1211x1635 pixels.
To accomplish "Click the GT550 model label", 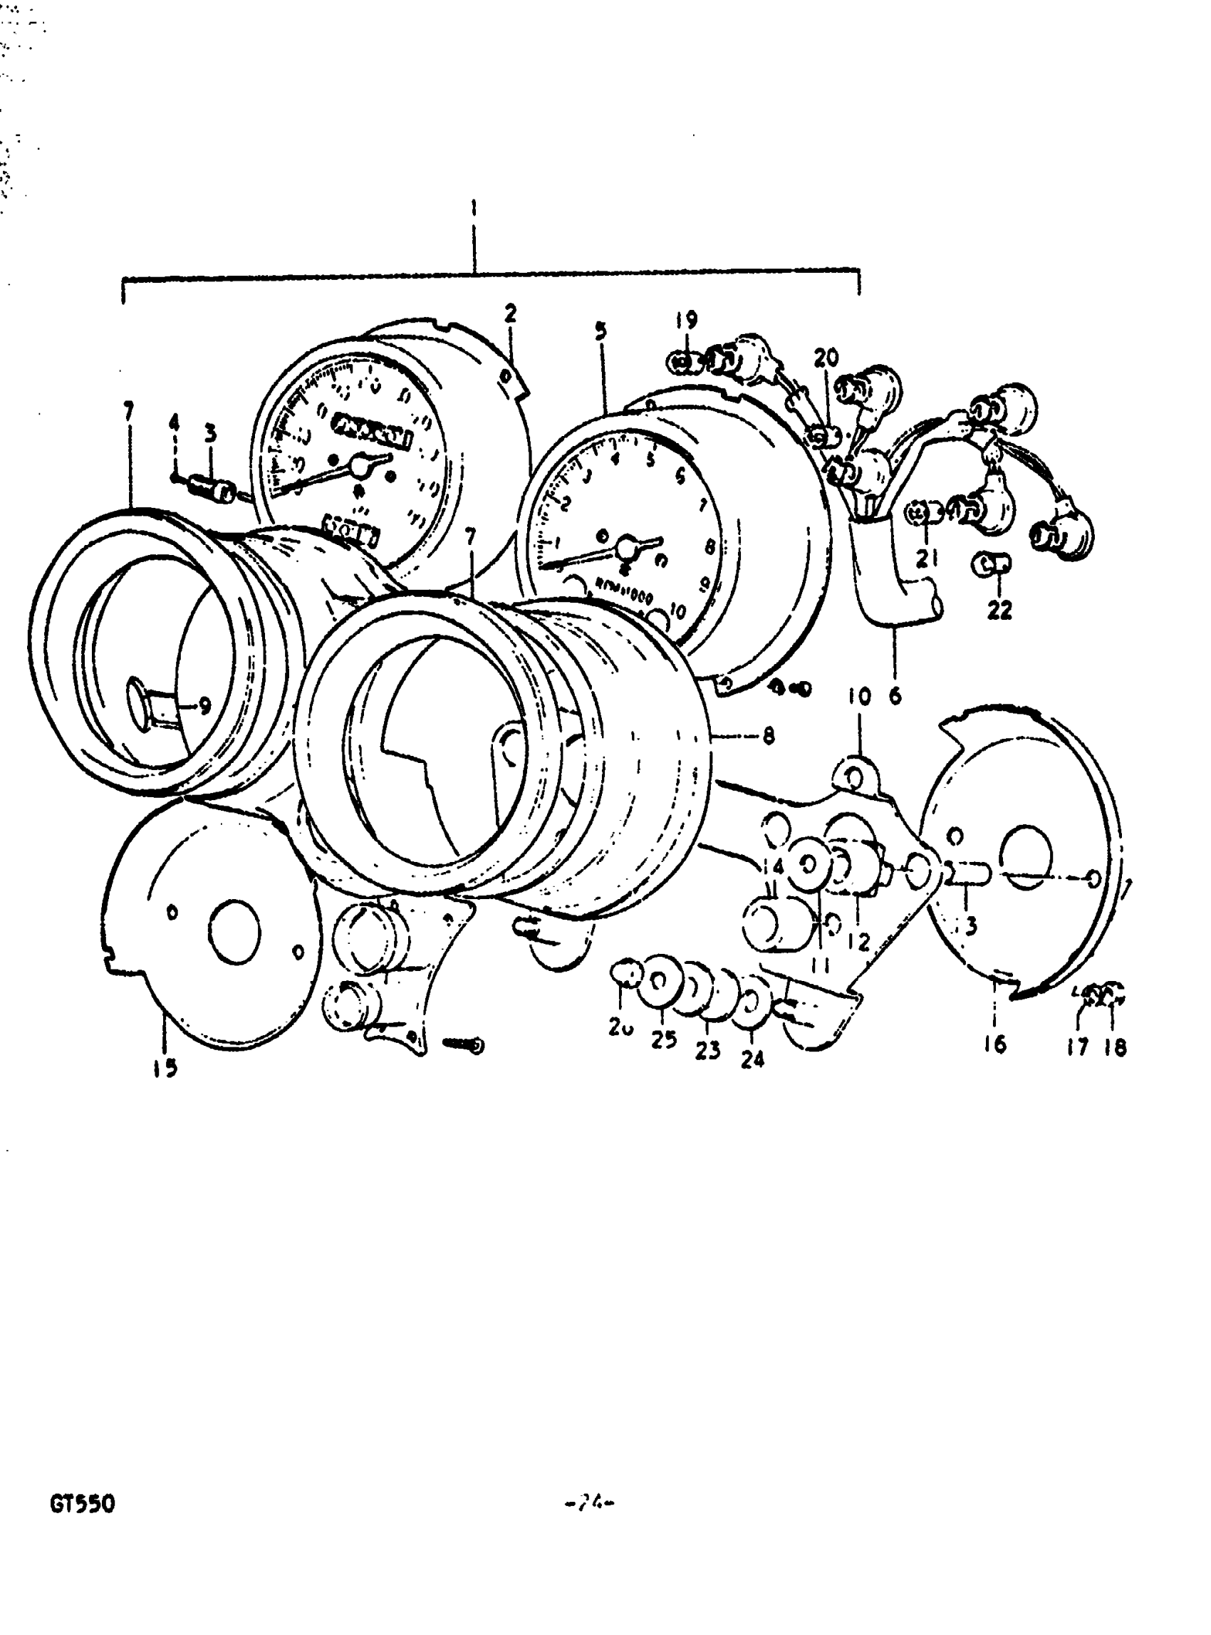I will [82, 1504].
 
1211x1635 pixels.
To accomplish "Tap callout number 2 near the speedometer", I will [510, 313].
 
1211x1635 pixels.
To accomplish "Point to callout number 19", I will [687, 321].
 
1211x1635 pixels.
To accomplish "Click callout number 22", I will [1000, 609].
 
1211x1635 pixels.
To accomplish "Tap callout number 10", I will [859, 697].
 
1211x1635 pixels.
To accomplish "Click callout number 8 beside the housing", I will [768, 735].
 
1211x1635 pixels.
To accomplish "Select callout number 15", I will [166, 1068].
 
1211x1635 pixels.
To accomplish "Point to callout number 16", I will [995, 1042].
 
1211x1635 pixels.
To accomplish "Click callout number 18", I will [1115, 1047].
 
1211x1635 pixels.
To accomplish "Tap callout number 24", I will [753, 1059].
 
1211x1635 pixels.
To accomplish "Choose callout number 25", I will [663, 1039].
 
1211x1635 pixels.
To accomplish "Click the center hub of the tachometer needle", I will [625, 547].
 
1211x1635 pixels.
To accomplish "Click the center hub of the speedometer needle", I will [360, 464].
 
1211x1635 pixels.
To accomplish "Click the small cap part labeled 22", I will [991, 564].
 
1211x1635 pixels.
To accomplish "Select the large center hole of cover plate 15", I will [234, 929].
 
